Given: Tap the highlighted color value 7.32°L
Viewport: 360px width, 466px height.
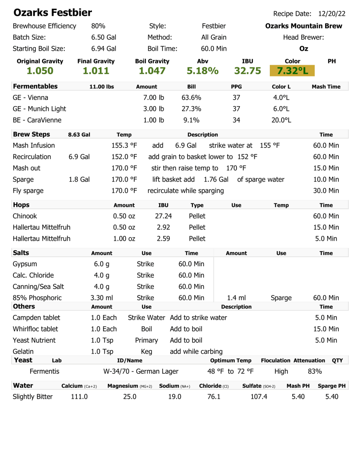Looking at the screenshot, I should point(292,71).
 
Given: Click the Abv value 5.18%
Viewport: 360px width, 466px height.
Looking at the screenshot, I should point(202,71).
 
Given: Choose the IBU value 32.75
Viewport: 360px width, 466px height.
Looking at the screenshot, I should point(247,71).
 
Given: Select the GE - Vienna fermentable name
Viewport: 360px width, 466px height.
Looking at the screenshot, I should point(31,98).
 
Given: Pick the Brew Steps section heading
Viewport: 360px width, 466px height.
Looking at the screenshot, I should point(32,134).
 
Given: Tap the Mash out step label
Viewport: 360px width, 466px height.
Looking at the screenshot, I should point(27,168).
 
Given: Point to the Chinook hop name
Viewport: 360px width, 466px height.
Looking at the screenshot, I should point(25,216).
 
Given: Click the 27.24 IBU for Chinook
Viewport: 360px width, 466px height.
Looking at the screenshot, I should point(164,216).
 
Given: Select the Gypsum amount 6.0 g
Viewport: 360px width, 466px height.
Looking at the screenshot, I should point(101,264).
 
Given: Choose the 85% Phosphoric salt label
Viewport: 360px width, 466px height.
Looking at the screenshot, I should point(37,297).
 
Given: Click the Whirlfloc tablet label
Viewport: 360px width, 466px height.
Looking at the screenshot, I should point(35,329).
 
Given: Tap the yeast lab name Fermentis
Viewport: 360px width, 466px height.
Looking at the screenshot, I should point(44,371).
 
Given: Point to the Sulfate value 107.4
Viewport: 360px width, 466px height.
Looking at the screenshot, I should point(259,397).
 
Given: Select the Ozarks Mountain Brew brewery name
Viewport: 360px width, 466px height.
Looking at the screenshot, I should point(303,26).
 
